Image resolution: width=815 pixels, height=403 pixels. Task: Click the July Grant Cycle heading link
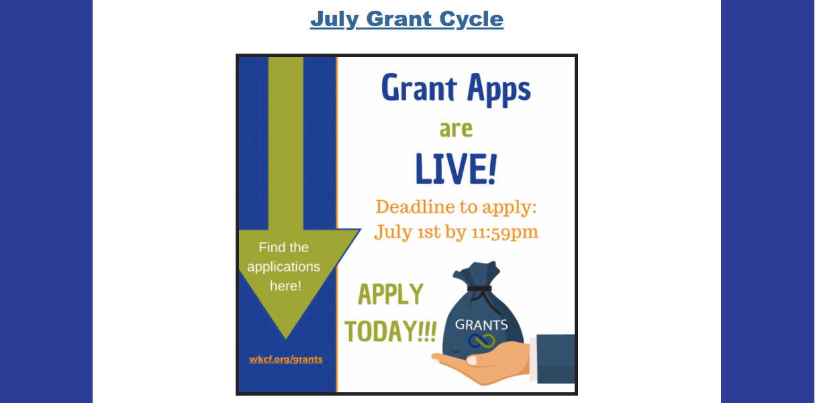point(407,19)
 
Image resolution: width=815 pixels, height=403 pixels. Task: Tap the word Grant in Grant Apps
point(419,88)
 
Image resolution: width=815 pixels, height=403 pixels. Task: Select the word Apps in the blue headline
point(499,90)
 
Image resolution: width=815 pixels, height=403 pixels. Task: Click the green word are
point(457,129)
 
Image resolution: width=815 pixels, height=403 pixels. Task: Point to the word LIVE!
point(457,168)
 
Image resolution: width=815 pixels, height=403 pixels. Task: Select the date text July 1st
point(407,232)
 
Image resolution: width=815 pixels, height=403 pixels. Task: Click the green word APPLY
point(391,294)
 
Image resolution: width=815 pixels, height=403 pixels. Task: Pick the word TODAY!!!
point(391,331)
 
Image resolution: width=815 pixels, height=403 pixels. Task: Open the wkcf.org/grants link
point(286,359)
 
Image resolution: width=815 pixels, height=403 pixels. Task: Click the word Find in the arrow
point(271,247)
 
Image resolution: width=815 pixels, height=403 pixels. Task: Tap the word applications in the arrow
point(284,267)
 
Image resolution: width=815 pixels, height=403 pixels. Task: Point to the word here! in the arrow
point(285,286)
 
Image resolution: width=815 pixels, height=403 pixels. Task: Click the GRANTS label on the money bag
point(481,325)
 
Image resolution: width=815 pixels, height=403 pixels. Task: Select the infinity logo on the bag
point(481,341)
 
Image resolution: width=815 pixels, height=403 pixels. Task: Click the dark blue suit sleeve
point(556,359)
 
